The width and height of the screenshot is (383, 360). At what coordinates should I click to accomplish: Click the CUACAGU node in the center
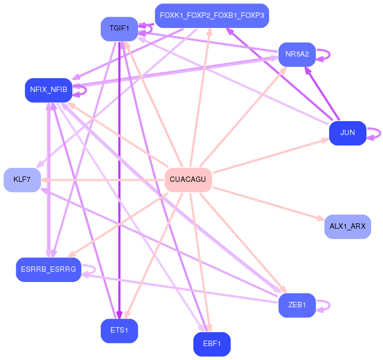tap(187, 179)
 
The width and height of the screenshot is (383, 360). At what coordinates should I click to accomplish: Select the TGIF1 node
tap(119, 29)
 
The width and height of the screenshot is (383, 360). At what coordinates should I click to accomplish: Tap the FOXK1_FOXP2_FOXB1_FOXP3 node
tap(212, 16)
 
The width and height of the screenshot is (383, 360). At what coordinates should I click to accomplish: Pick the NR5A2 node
tap(297, 54)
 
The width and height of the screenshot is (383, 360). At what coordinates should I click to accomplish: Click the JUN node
tap(347, 133)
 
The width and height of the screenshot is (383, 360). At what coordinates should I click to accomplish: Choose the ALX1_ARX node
tap(347, 227)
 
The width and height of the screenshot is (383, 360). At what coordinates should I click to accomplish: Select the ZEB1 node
tap(297, 305)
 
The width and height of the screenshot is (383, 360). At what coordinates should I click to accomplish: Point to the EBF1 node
tap(212, 344)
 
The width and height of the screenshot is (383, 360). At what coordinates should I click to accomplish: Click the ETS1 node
tap(119, 331)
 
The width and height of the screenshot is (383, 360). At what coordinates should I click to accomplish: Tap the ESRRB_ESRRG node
tap(48, 270)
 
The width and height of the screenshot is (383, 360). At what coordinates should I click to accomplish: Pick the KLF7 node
tap(22, 180)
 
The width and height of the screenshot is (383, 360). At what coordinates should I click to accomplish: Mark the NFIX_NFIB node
tap(48, 90)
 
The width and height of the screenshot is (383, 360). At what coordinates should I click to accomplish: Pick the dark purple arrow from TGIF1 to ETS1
tap(119, 178)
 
